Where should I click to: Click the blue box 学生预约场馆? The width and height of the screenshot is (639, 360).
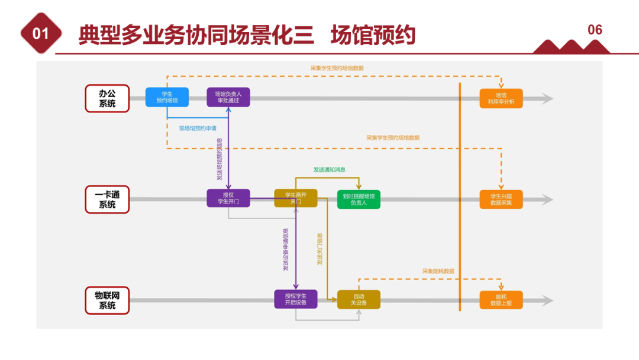[x=167, y=97]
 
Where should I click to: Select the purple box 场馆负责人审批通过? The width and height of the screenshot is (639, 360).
[x=228, y=97]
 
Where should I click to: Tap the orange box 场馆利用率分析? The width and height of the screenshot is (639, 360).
[x=501, y=98]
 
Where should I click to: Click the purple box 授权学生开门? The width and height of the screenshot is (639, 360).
[x=228, y=198]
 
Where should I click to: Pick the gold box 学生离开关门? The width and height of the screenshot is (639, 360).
[x=295, y=198]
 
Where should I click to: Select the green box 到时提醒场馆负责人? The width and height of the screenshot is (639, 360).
[x=359, y=199]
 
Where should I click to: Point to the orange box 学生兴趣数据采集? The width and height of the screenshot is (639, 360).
[x=501, y=199]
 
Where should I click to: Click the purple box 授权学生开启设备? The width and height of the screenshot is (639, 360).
[x=295, y=300]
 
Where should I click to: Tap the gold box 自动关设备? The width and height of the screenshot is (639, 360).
[x=359, y=300]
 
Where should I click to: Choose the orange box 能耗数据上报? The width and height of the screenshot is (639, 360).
[x=501, y=300]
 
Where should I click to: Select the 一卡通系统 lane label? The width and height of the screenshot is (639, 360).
[x=107, y=200]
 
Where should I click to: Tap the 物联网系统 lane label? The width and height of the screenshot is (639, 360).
[x=107, y=300]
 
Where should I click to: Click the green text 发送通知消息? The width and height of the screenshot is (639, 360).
[x=330, y=169]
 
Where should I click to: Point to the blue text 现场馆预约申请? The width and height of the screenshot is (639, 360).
[x=198, y=128]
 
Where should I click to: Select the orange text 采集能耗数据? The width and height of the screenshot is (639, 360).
[x=438, y=271]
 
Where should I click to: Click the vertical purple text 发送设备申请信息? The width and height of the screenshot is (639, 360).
[x=286, y=250]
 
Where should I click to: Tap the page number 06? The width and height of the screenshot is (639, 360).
[x=595, y=30]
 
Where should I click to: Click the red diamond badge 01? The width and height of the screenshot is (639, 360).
[x=41, y=34]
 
